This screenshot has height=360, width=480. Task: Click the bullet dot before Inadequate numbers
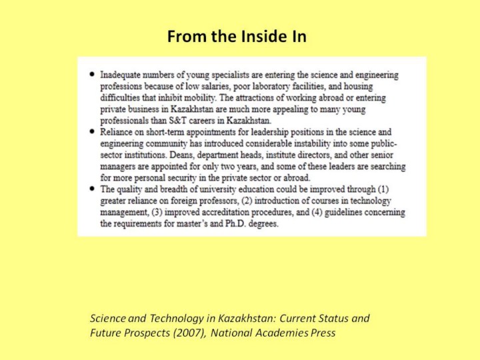click(91, 75)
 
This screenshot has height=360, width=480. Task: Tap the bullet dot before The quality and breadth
click(91, 189)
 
